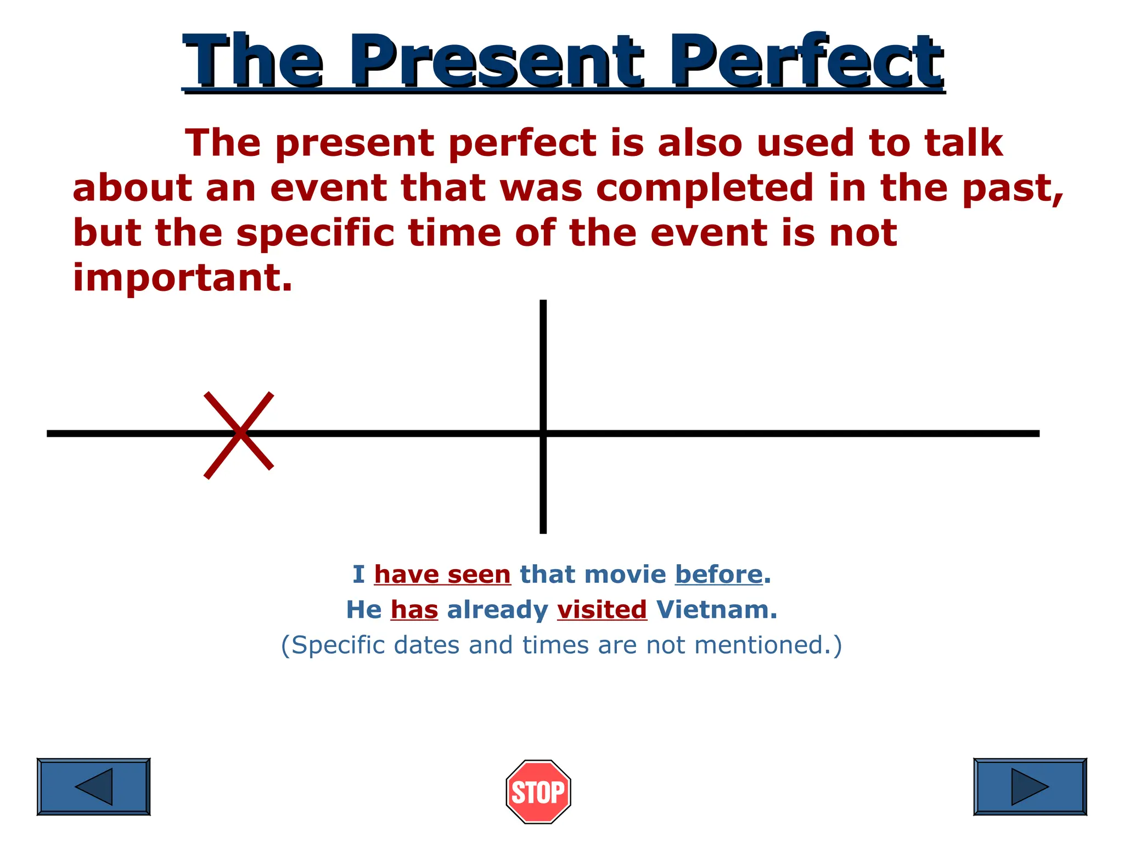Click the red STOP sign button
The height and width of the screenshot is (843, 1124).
tap(538, 791)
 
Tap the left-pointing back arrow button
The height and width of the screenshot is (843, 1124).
tap(93, 786)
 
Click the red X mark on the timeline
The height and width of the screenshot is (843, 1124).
tap(239, 435)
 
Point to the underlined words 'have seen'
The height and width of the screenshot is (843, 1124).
tap(442, 575)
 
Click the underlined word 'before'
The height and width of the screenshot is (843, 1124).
tap(718, 575)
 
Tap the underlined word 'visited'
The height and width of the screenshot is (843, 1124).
tap(602, 610)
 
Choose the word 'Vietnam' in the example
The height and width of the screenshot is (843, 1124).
tap(717, 610)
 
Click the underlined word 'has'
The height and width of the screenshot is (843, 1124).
tap(414, 610)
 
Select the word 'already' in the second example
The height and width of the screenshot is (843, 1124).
tap(498, 610)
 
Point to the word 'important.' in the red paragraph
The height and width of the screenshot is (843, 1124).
tap(183, 278)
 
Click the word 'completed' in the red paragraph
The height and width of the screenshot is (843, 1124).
tap(705, 188)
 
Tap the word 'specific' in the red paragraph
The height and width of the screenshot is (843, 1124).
tap(316, 233)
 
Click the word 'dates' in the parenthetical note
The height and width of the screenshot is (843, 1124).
tap(427, 645)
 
